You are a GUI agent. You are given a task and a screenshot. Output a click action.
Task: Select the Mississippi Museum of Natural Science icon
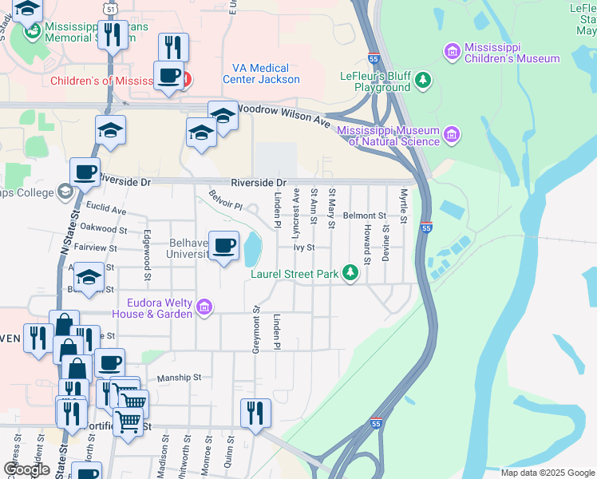[x=452, y=133]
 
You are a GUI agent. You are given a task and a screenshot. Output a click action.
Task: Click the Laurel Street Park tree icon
[x=350, y=273]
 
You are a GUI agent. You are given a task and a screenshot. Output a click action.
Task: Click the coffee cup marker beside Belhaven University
[x=223, y=245]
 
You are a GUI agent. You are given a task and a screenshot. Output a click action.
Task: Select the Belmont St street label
[x=364, y=216]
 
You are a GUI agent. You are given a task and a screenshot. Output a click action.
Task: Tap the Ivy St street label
[x=305, y=247]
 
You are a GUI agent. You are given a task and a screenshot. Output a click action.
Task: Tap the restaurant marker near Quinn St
[x=255, y=414]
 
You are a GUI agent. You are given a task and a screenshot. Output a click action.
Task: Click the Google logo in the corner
[x=26, y=469]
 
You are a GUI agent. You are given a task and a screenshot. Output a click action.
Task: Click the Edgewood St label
[x=147, y=257]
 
